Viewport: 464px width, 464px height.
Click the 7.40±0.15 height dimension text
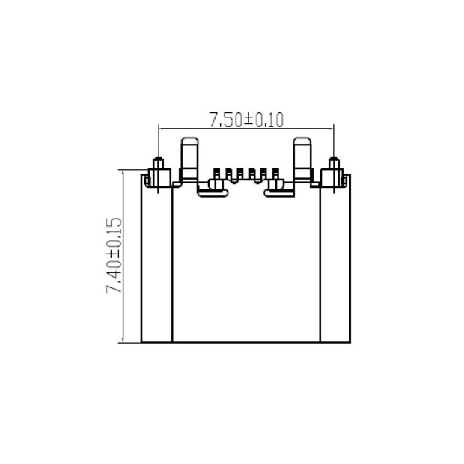[x=114, y=256]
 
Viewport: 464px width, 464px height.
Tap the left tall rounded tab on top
[x=190, y=158]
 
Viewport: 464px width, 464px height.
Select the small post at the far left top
[x=158, y=166]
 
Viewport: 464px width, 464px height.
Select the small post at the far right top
[x=334, y=166]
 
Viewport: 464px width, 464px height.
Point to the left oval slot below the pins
[x=212, y=190]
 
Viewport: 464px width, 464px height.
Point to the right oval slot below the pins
[x=280, y=190]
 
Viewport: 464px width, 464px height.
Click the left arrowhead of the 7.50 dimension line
[x=162, y=127]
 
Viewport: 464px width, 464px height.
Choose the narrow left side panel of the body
[x=157, y=262]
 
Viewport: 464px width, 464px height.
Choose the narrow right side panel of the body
[x=335, y=262]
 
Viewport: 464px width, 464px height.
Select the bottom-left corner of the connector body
[x=141, y=343]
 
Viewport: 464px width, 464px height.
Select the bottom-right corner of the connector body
[x=350, y=343]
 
